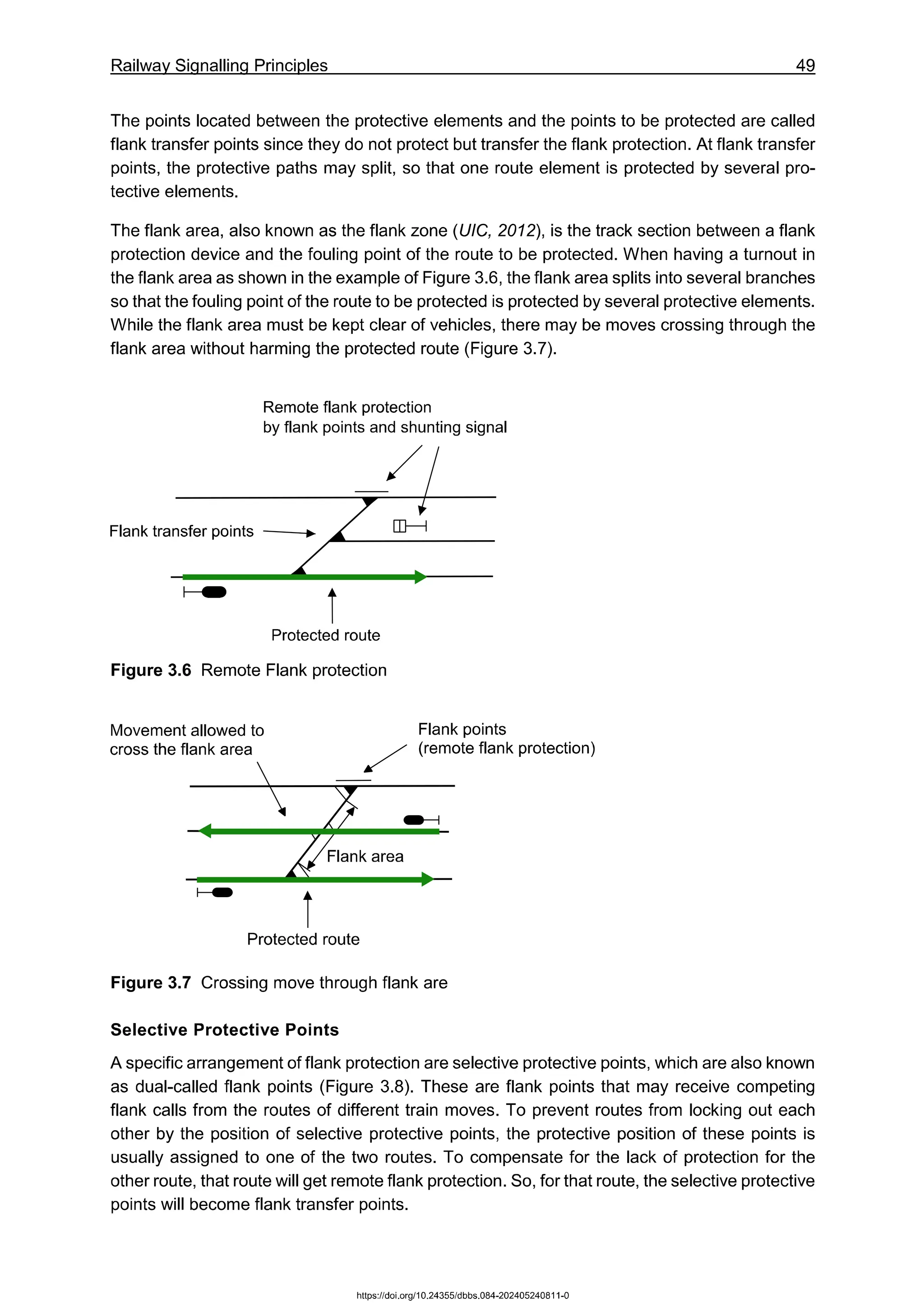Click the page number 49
tap(804, 65)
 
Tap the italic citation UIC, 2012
tap(496, 231)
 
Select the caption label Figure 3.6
tap(151, 670)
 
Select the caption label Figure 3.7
tap(151, 983)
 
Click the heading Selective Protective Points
tap(224, 1030)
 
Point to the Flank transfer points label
tap(181, 531)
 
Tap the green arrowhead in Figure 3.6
tap(420, 577)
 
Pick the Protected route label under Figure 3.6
tap(325, 635)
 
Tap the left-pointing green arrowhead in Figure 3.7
tap(205, 831)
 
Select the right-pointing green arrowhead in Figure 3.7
tap(427, 880)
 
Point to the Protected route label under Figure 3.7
tap(303, 939)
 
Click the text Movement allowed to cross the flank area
tap(187, 739)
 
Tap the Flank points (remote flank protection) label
tap(506, 738)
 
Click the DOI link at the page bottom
tap(462, 1296)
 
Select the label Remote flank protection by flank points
tap(384, 417)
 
